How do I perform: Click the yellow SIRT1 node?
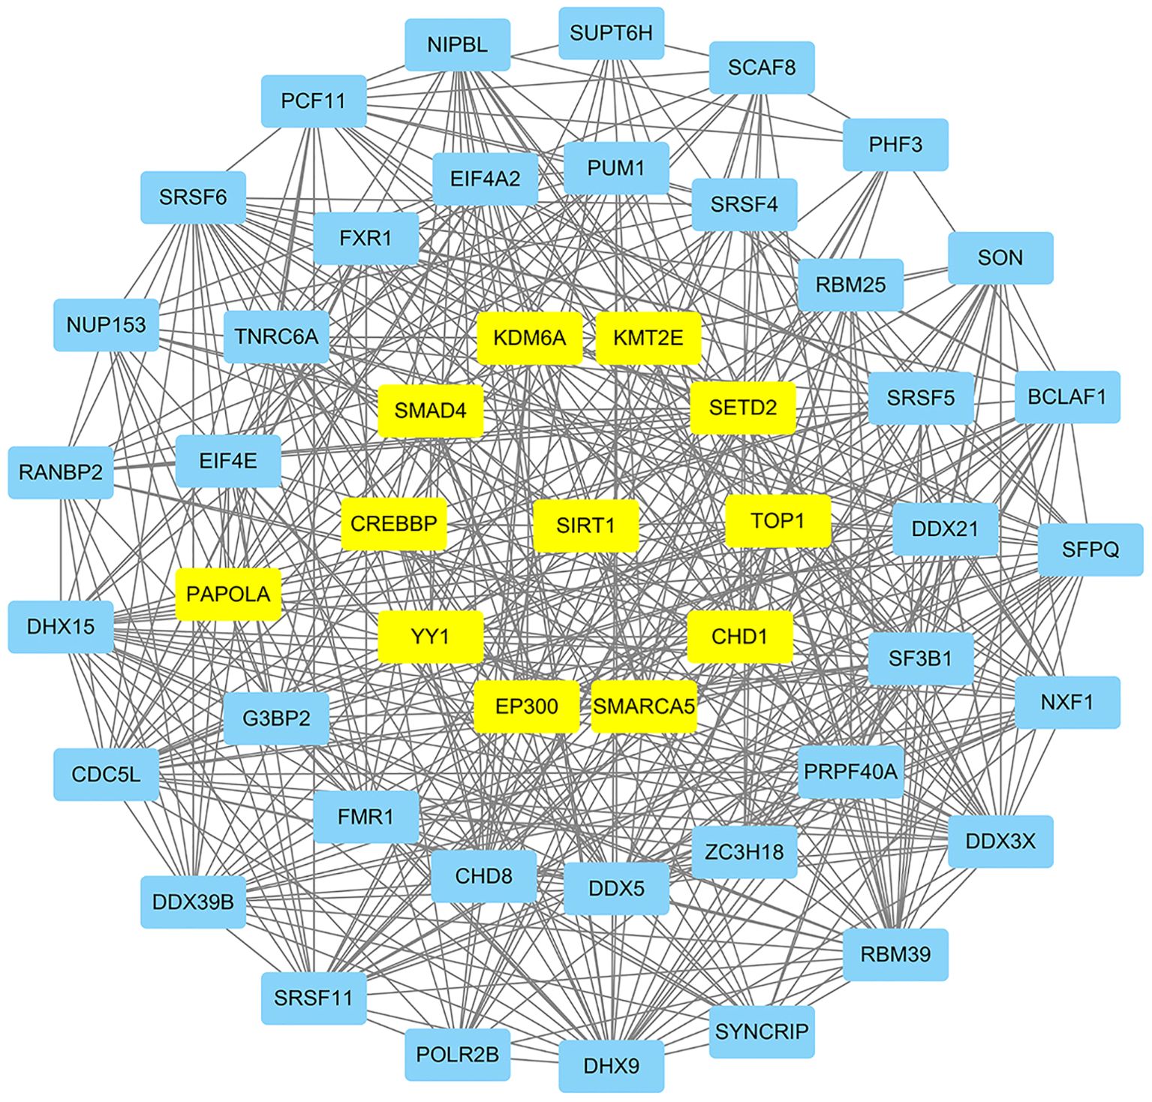click(x=585, y=525)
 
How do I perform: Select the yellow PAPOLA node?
click(x=228, y=594)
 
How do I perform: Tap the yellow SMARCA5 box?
click(x=644, y=706)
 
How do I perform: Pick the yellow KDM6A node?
click(x=529, y=338)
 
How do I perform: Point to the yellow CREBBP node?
click(x=394, y=523)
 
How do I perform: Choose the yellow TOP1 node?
click(x=778, y=520)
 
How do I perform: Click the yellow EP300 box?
click(x=527, y=706)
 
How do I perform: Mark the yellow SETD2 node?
click(x=742, y=408)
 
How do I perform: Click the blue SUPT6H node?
click(x=611, y=33)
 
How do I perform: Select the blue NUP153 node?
click(x=106, y=325)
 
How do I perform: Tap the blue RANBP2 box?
click(x=61, y=472)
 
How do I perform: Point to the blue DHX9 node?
click(x=611, y=1065)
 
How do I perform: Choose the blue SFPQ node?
click(x=1090, y=549)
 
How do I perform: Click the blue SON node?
click(x=1000, y=258)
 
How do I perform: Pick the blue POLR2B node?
click(x=457, y=1055)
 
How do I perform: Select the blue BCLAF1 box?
click(x=1066, y=396)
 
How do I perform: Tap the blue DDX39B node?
click(x=193, y=902)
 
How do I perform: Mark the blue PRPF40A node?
click(x=850, y=771)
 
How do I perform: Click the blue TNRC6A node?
click(x=276, y=336)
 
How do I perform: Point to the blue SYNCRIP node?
click(x=761, y=1031)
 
